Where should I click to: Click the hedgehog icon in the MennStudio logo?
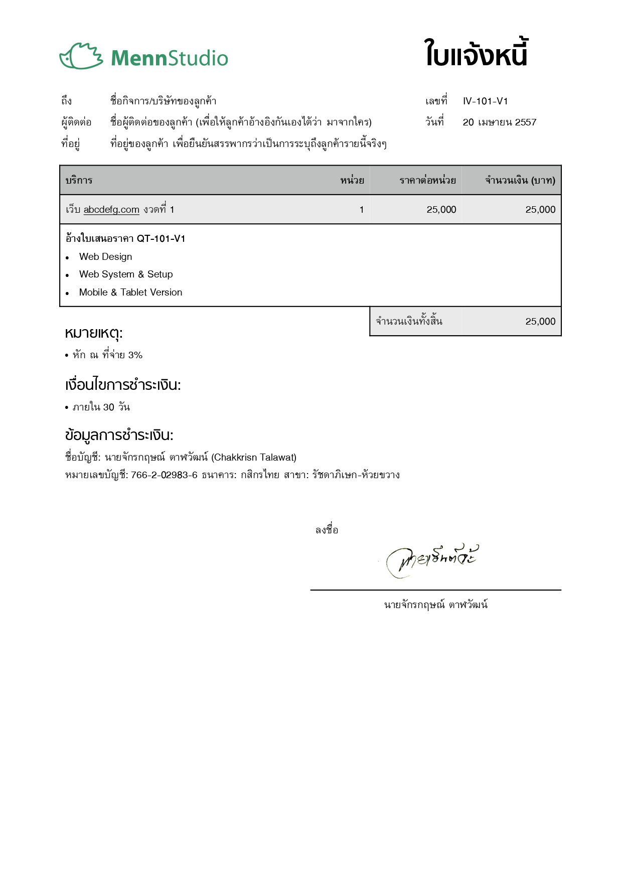[x=81, y=56]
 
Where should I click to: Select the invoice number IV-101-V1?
[x=485, y=101]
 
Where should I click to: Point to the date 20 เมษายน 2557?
[x=499, y=122]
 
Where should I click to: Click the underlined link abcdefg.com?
[x=111, y=210]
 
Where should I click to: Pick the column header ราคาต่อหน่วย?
[x=427, y=181]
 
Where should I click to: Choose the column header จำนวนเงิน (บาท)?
[x=520, y=181]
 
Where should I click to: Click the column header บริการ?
[x=79, y=181]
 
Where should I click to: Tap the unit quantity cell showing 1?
[x=361, y=210]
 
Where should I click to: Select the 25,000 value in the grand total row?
[x=540, y=322]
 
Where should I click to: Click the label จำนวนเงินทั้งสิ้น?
[x=409, y=322]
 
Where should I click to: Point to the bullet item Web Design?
[x=105, y=257]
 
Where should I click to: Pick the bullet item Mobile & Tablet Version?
[x=130, y=292]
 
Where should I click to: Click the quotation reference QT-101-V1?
[x=161, y=239]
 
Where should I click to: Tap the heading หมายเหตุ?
[x=94, y=333]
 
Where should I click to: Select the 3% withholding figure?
[x=135, y=355]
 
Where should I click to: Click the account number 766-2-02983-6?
[x=164, y=475]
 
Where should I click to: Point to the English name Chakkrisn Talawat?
[x=254, y=458]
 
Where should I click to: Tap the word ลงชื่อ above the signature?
[x=327, y=530]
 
